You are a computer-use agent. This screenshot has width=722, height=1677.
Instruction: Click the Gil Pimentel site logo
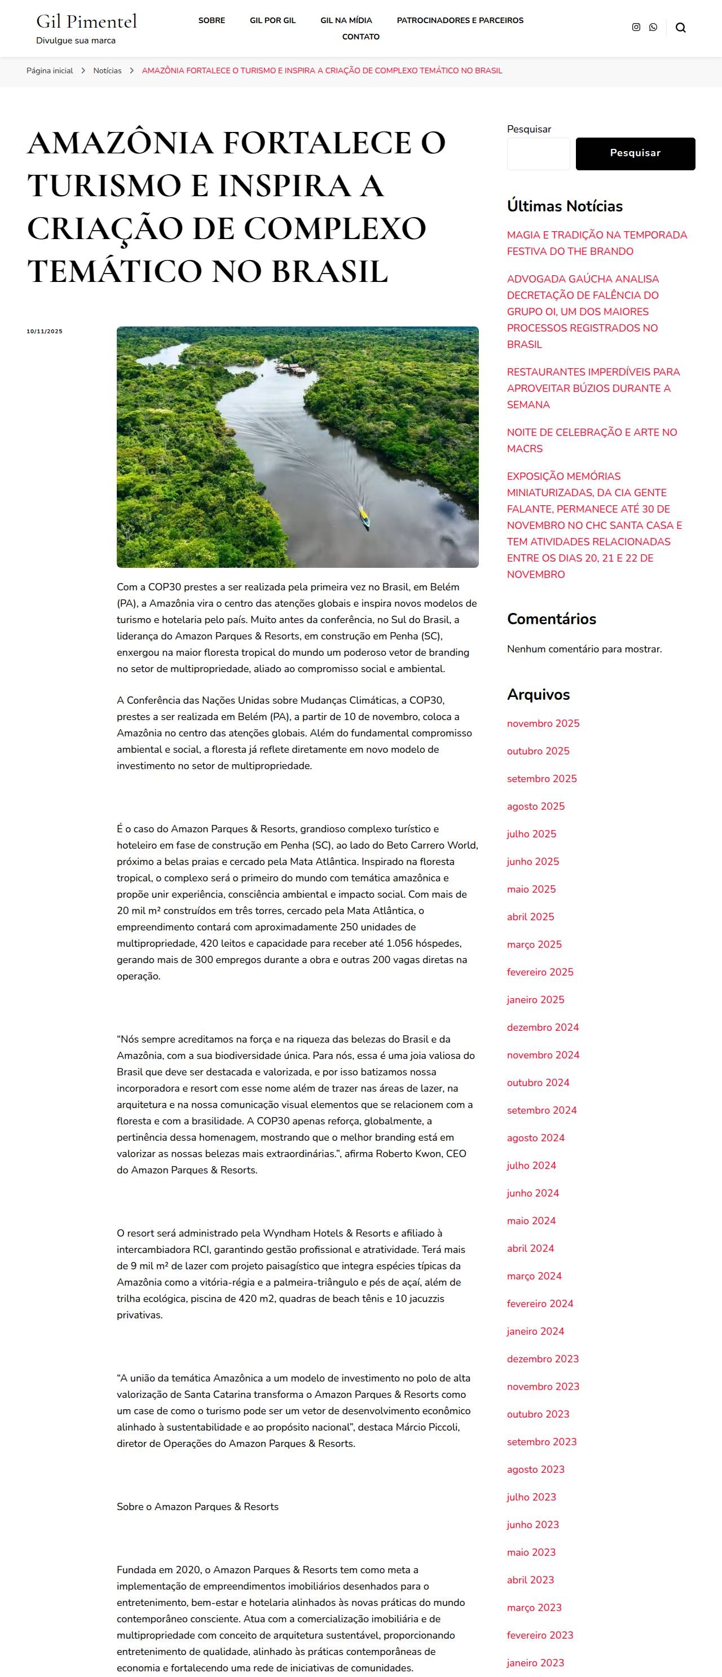87,21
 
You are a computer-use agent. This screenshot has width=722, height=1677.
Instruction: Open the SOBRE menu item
212,20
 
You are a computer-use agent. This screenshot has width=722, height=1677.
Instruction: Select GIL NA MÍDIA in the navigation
346,20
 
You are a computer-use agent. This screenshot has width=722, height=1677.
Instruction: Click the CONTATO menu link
360,37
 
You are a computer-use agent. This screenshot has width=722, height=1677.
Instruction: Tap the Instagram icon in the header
636,27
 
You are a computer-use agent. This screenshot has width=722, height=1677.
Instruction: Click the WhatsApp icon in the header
653,27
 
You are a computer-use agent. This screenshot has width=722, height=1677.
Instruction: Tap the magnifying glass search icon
680,27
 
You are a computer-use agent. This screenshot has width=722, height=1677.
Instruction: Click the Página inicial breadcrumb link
50,70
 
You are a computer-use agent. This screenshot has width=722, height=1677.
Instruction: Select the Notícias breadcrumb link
107,70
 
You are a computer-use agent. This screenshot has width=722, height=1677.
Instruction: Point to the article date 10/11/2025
44,332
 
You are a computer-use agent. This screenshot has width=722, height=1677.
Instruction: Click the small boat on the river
364,519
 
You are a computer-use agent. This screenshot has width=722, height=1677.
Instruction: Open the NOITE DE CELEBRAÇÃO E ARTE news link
592,440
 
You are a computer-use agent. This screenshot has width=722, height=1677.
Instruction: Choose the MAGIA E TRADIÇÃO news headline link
596,243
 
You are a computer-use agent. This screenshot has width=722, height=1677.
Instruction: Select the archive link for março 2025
534,944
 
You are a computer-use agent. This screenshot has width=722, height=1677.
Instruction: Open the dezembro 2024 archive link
542,1027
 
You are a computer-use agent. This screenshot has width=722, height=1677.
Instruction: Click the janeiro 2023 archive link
535,1662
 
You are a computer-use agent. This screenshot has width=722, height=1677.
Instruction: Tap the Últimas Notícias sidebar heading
565,206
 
